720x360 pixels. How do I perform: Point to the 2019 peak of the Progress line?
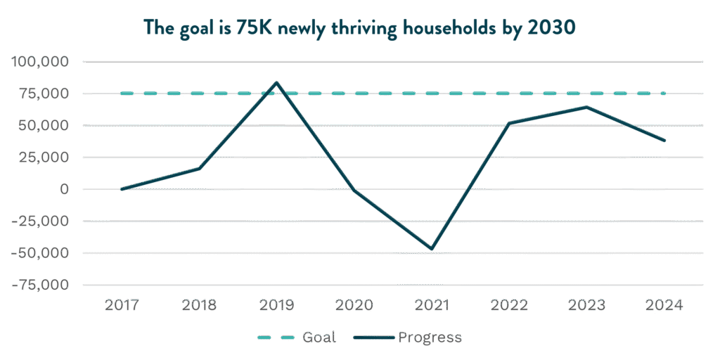tap(276, 82)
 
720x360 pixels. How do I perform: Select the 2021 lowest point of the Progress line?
tap(432, 249)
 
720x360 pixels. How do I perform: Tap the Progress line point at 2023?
tap(586, 107)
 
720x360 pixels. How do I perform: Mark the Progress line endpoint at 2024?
tap(664, 141)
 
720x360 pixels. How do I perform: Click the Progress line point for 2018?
tap(199, 169)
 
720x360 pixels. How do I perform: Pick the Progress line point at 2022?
tap(509, 123)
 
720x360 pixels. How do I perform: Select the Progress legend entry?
tap(408, 337)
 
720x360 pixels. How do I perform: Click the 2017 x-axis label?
tap(122, 305)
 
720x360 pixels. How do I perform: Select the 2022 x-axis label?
tap(509, 305)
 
